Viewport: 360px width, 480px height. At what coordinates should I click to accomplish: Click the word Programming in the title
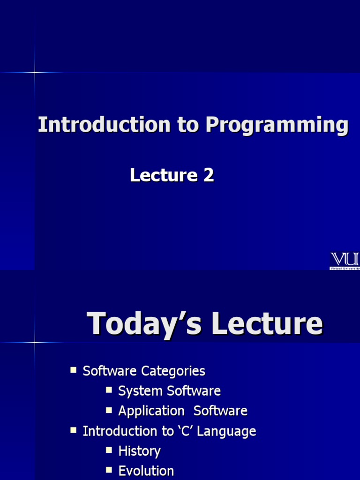click(x=277, y=125)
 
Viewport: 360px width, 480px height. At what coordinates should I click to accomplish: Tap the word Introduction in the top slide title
click(x=104, y=125)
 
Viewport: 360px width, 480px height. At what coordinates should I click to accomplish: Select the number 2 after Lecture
click(x=209, y=175)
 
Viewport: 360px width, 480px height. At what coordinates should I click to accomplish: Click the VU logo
click(x=345, y=259)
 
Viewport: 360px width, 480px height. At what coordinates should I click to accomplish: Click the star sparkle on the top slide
click(x=35, y=72)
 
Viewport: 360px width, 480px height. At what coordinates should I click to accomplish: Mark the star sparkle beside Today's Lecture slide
click(x=35, y=342)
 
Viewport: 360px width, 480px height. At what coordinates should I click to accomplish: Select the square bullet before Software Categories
click(x=74, y=370)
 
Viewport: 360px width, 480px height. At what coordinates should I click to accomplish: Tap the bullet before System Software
click(x=109, y=390)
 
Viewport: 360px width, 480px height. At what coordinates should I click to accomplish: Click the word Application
click(x=151, y=411)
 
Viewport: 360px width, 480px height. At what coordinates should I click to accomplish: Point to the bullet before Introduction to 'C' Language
click(x=74, y=429)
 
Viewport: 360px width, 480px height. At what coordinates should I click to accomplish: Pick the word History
click(x=139, y=451)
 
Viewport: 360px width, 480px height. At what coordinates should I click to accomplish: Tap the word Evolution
click(x=146, y=471)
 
